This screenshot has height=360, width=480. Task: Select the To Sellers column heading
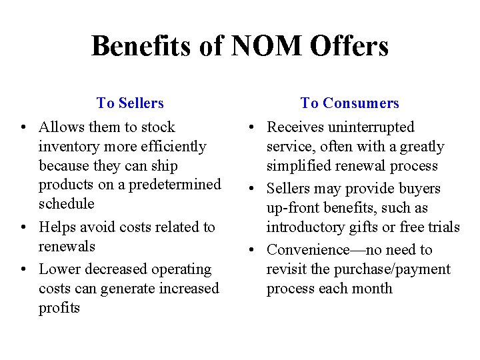130,103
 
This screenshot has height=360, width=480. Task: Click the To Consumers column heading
350,103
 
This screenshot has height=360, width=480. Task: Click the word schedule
67,203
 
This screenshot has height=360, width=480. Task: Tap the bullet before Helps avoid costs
23,227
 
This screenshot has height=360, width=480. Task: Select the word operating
183,269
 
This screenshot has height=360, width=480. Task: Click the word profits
59,308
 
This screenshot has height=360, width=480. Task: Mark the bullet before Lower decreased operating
23,270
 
